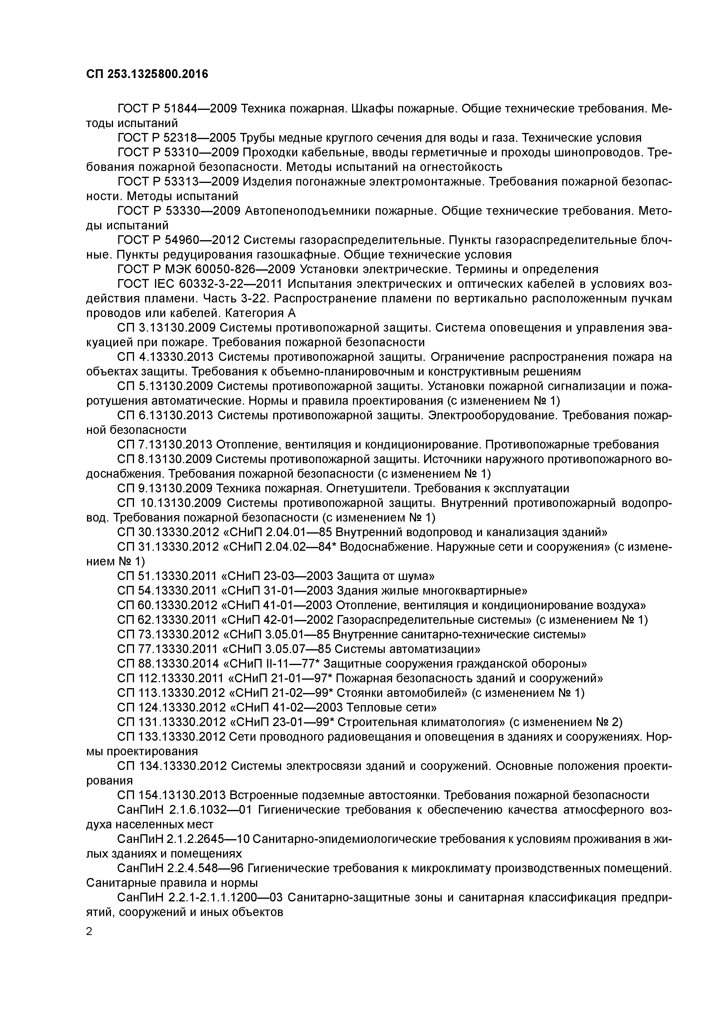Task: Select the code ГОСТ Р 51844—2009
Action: [x=177, y=108]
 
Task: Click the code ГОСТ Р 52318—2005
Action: [x=177, y=138]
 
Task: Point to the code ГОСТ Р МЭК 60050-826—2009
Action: [x=206, y=269]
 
